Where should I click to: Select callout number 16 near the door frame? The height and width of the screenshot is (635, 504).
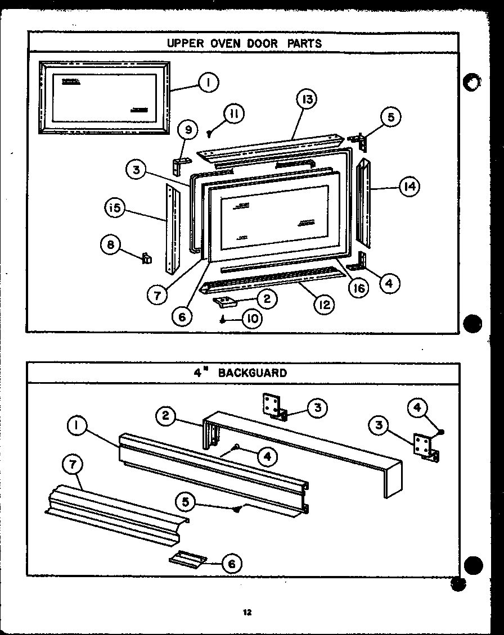(x=358, y=288)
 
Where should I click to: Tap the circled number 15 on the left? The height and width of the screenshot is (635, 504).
(x=115, y=208)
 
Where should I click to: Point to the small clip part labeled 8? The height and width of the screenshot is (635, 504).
(x=146, y=258)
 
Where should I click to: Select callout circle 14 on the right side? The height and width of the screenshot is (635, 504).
(x=409, y=187)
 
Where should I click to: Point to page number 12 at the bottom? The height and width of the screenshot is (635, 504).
(x=247, y=613)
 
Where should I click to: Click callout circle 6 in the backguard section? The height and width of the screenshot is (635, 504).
(x=231, y=563)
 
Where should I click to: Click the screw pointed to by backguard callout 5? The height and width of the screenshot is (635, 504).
(x=237, y=509)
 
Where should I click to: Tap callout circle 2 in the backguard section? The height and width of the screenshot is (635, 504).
(x=165, y=416)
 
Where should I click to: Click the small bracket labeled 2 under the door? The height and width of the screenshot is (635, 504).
(x=227, y=302)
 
